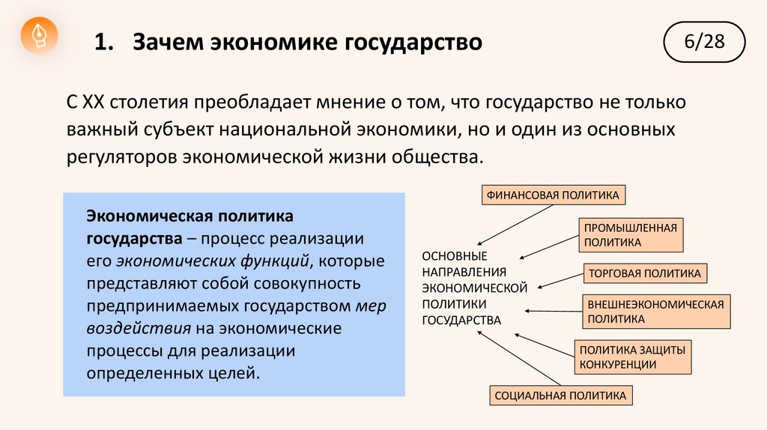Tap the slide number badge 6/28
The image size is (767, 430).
704,41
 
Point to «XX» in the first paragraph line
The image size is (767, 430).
96,101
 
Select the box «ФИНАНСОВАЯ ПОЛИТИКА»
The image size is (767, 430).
553,196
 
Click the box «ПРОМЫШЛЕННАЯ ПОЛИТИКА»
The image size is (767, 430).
631,234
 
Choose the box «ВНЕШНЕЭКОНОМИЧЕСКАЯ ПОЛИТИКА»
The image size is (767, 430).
655,312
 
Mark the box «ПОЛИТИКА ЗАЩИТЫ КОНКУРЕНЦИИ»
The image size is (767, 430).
632,357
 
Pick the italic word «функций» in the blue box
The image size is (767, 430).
273,261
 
